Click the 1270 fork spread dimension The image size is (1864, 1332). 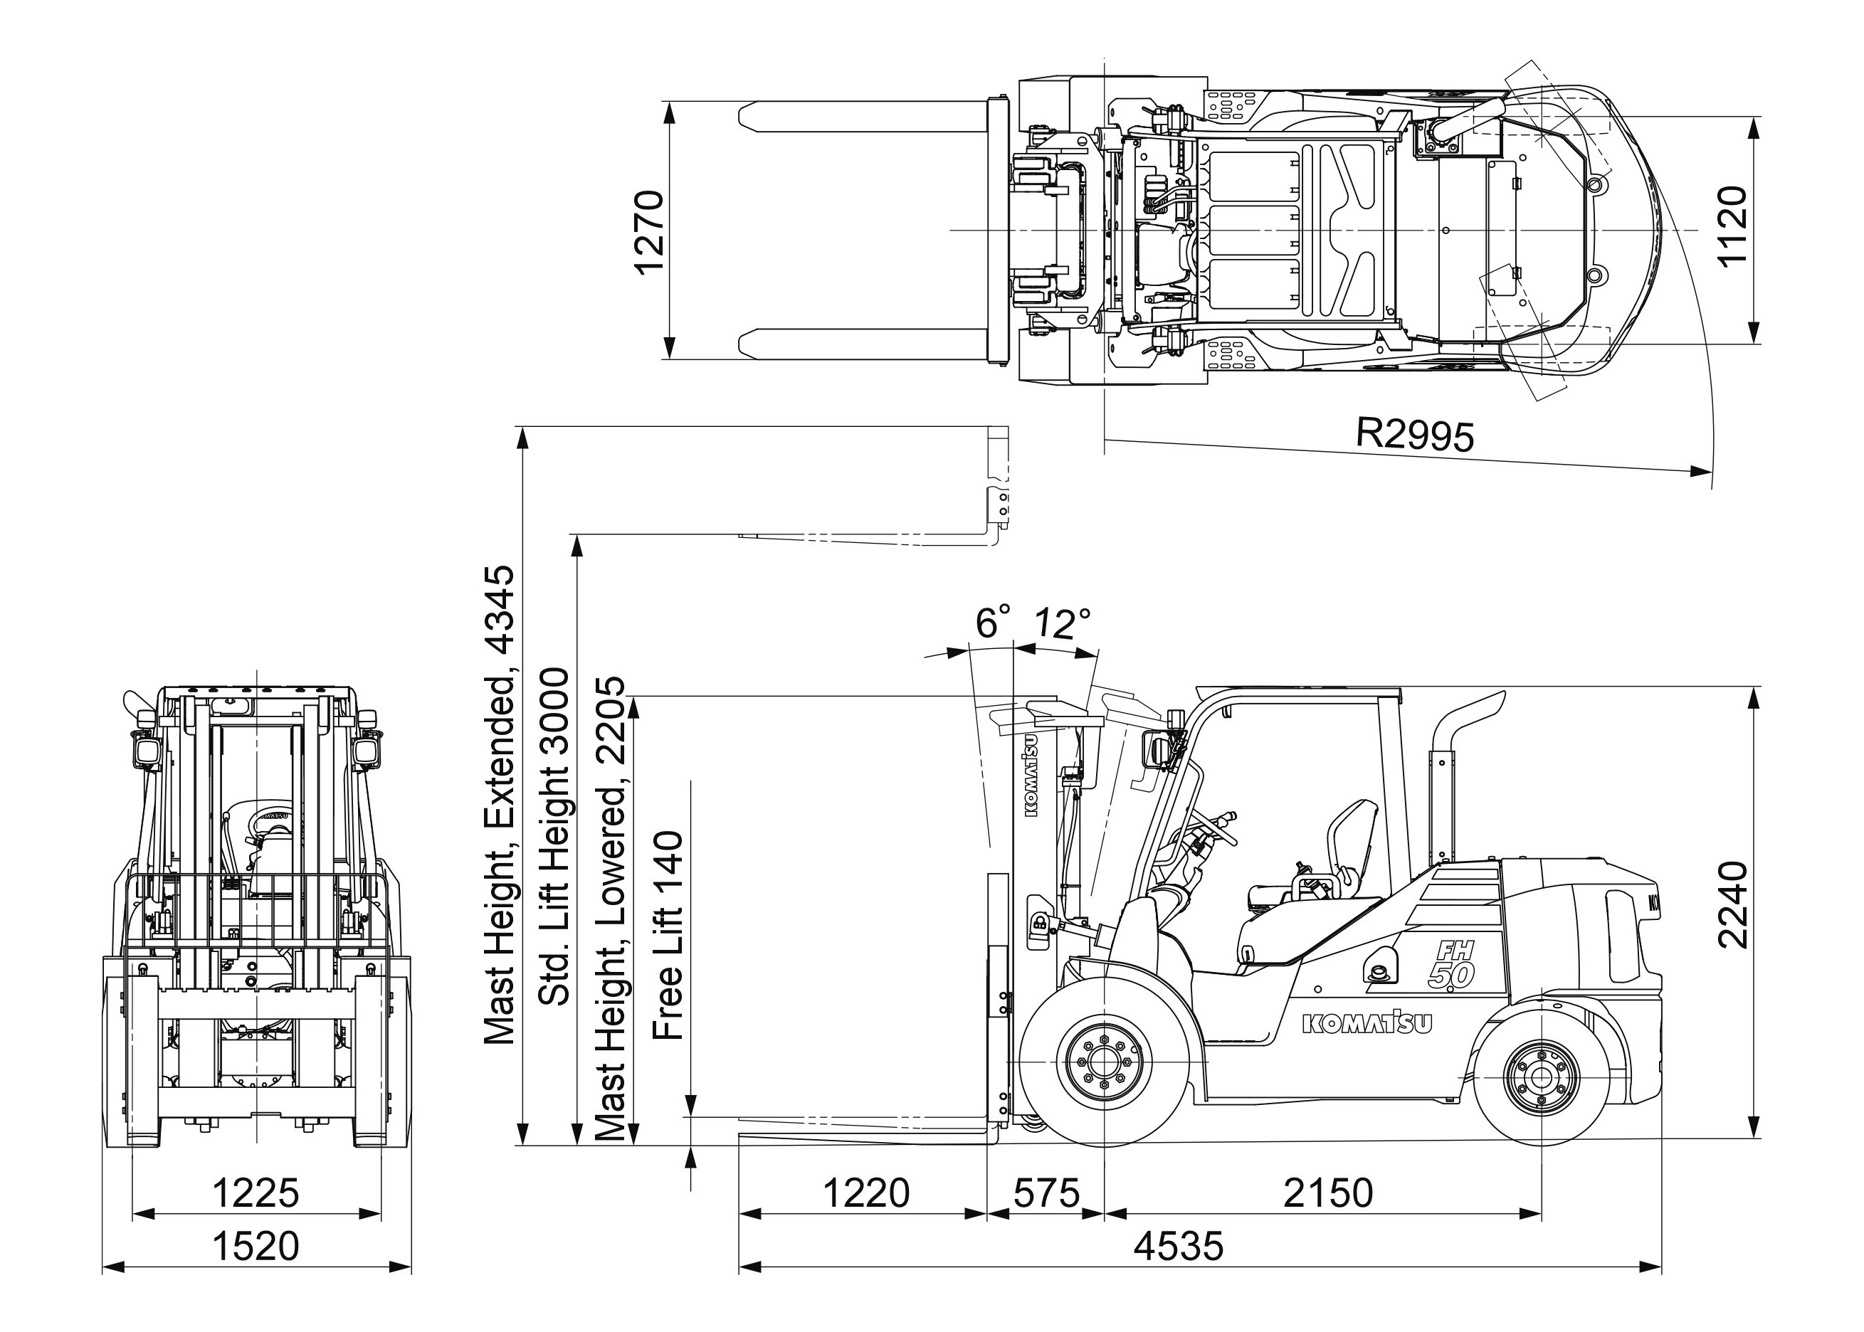[x=648, y=233]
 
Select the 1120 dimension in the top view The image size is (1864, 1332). [x=1733, y=226]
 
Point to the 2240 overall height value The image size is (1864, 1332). [x=1733, y=904]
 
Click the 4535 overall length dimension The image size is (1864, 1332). [x=1178, y=1246]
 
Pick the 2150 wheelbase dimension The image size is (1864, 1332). [x=1327, y=1193]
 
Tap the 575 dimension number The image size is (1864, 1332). [x=1046, y=1193]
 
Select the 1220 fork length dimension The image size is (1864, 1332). [x=865, y=1193]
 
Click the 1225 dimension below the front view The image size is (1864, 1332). [x=256, y=1193]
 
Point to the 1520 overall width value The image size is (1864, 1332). [x=256, y=1246]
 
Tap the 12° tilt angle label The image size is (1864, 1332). [x=1062, y=624]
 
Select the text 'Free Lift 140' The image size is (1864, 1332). [x=668, y=935]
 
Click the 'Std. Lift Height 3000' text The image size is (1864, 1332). [x=554, y=837]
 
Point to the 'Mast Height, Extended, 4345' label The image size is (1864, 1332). [x=500, y=804]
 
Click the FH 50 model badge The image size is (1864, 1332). [x=1453, y=963]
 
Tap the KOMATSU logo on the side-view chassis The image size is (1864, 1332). [x=1367, y=1022]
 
